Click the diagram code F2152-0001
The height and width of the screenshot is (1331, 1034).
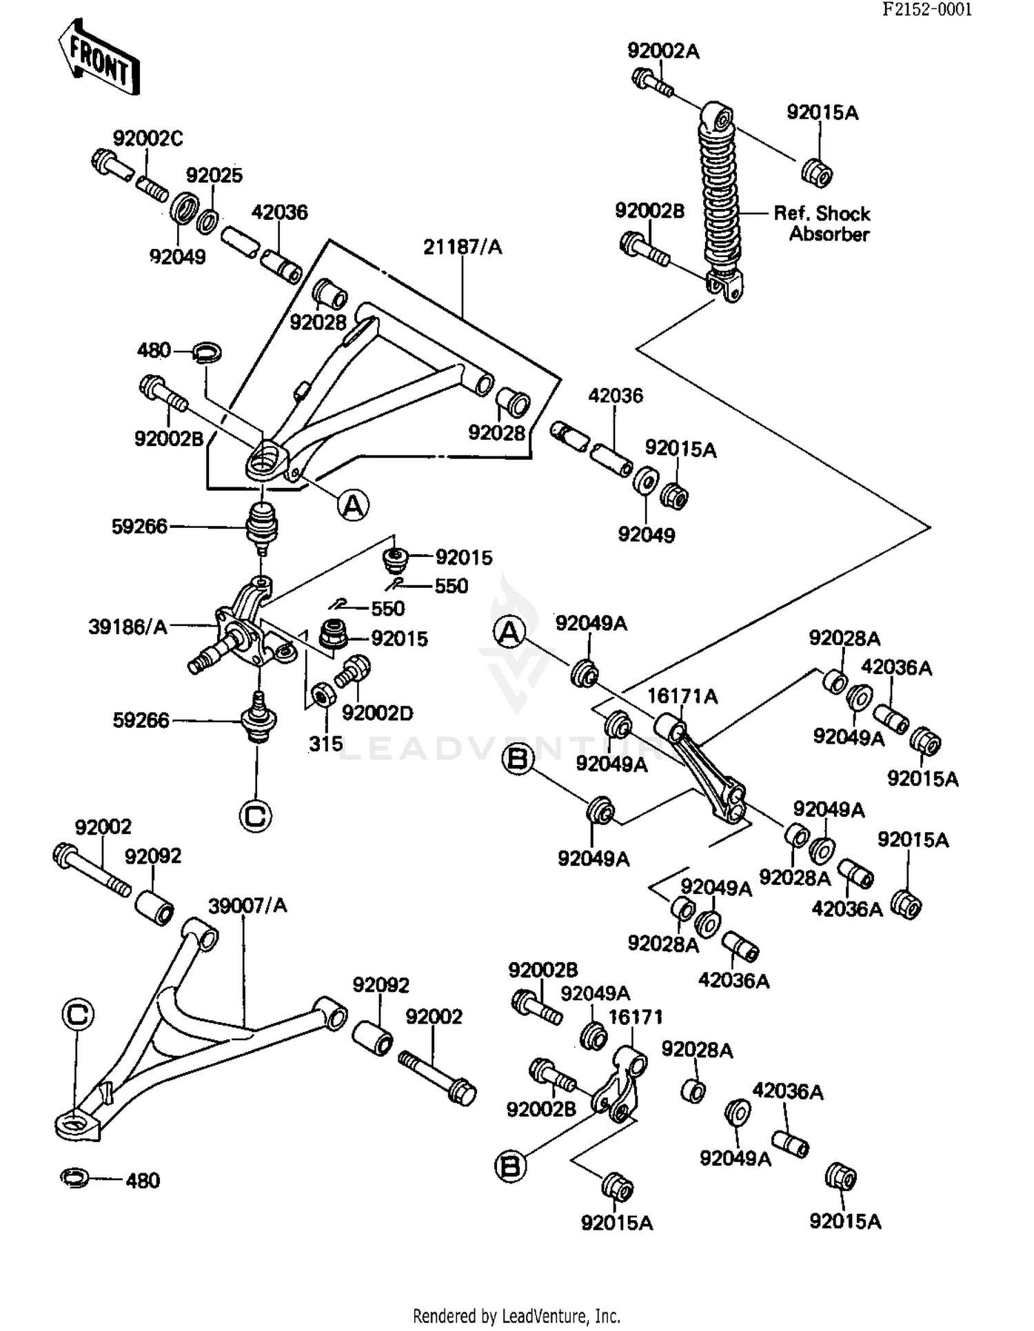pyautogui.click(x=926, y=9)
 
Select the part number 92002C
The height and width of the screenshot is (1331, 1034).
pyautogui.click(x=148, y=139)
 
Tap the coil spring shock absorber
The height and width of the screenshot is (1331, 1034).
pyautogui.click(x=720, y=202)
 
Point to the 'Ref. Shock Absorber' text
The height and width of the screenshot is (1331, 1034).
pyautogui.click(x=822, y=223)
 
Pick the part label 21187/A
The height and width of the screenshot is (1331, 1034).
pyautogui.click(x=463, y=247)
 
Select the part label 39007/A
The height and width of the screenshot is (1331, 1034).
pyautogui.click(x=247, y=905)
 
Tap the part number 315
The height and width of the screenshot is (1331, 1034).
pyautogui.click(x=325, y=744)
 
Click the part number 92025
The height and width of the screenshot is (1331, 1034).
pyautogui.click(x=214, y=175)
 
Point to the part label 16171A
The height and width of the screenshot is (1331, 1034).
pyautogui.click(x=682, y=697)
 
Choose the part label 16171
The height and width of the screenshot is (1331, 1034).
pyautogui.click(x=636, y=1017)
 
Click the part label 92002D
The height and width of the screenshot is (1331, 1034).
pyautogui.click(x=378, y=713)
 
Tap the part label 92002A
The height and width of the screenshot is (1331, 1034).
pyautogui.click(x=663, y=51)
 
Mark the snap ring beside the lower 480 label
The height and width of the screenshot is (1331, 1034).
pyautogui.click(x=74, y=1178)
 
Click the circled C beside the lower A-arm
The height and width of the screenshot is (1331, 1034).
pyautogui.click(x=77, y=1014)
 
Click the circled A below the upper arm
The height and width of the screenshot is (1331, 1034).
pyautogui.click(x=353, y=505)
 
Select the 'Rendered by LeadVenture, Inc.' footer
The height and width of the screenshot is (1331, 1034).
pyautogui.click(x=517, y=1315)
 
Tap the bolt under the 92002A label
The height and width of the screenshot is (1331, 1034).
pyautogui.click(x=652, y=83)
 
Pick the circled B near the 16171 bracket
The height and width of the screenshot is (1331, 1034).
pyautogui.click(x=511, y=1166)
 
